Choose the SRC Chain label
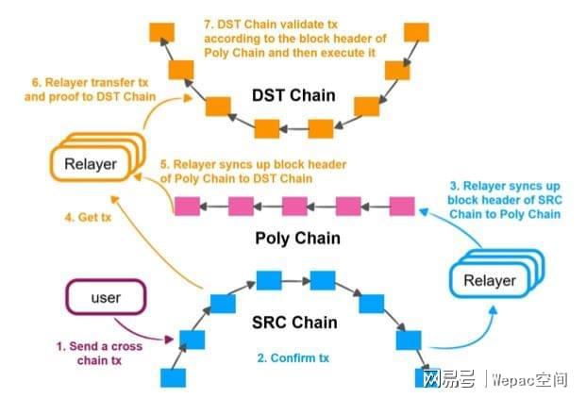pyautogui.click(x=293, y=323)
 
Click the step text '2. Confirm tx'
pyautogui.click(x=295, y=357)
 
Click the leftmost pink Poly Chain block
pyautogui.click(x=187, y=205)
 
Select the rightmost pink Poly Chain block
pyautogui.click(x=403, y=205)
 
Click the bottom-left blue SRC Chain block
pyautogui.click(x=173, y=377)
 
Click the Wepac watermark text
pyautogui.click(x=530, y=379)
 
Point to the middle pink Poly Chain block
pyautogui.click(x=295, y=205)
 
